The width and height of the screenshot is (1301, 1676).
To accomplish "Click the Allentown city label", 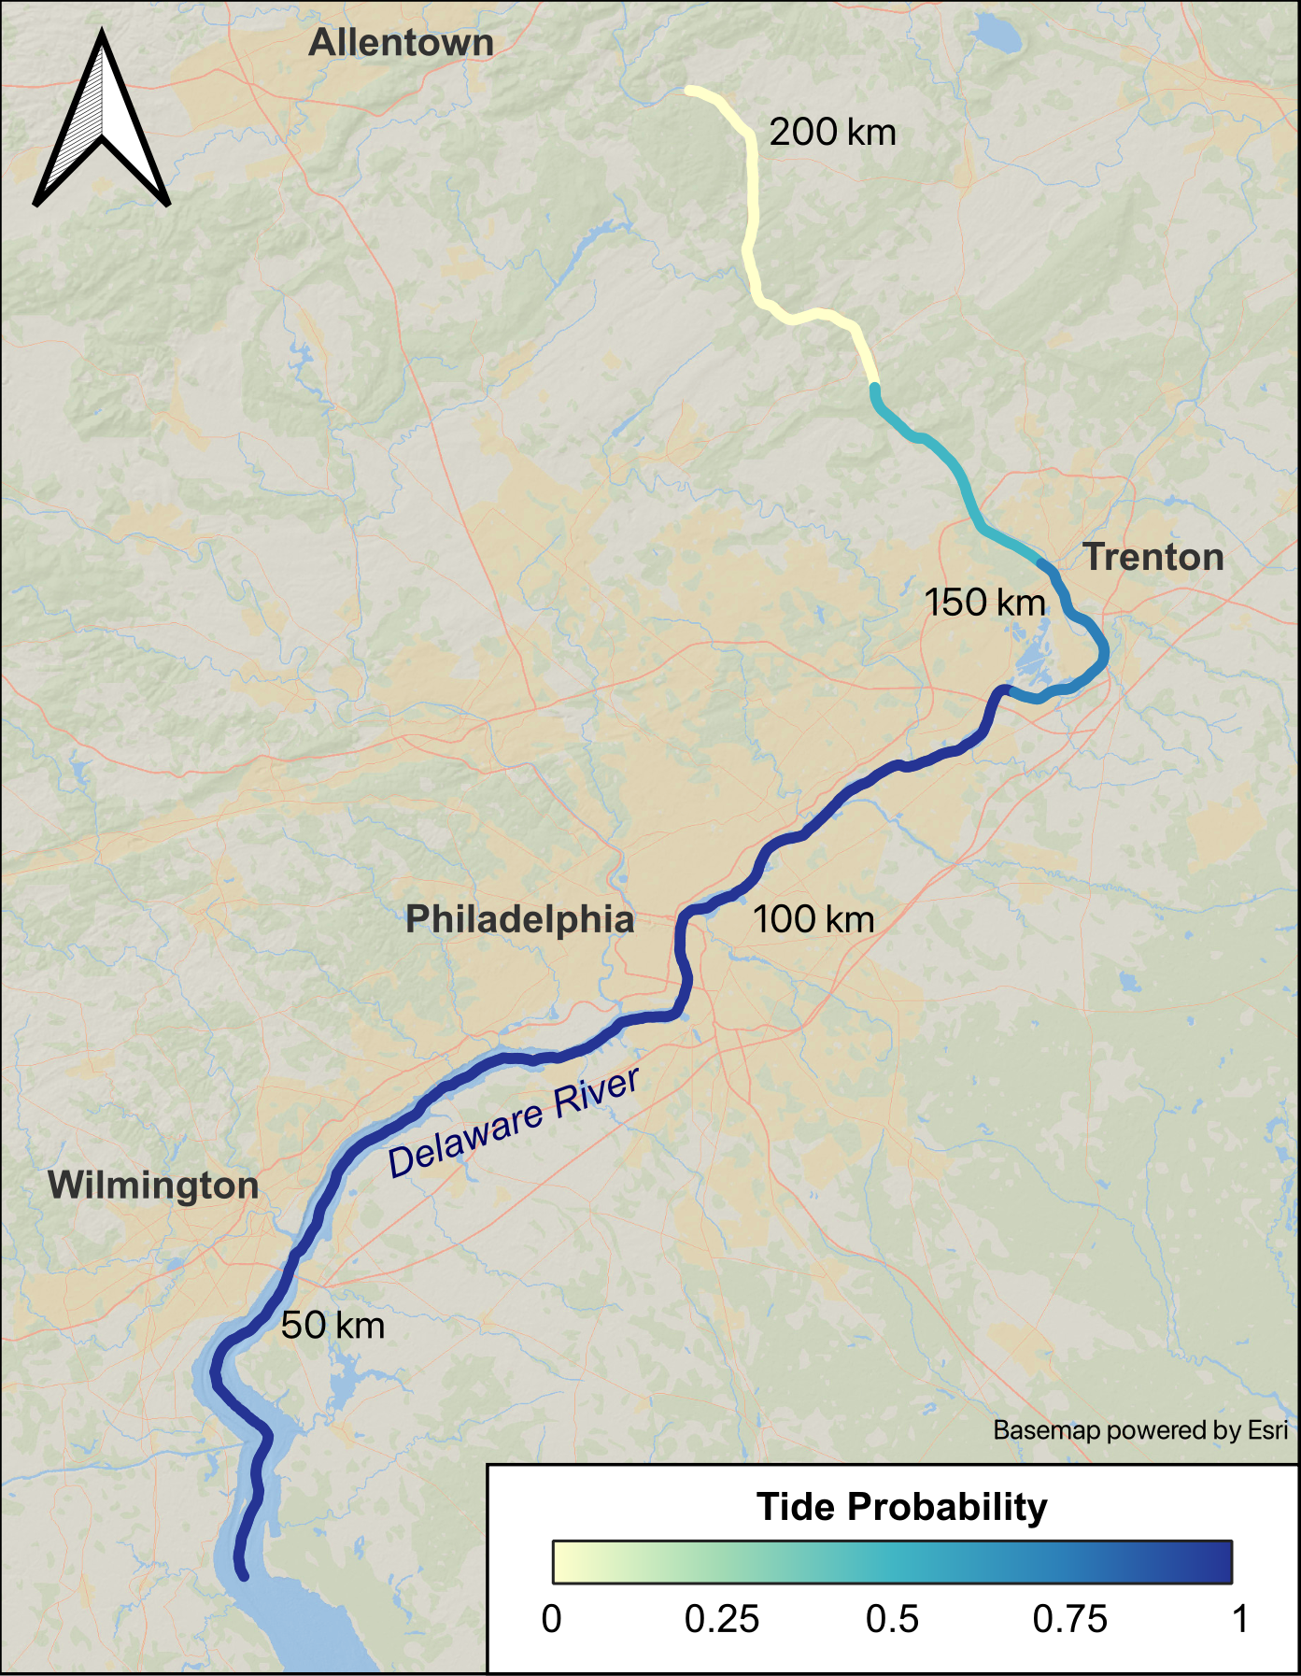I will tap(401, 43).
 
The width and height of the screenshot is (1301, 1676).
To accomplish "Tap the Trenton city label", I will tap(1153, 557).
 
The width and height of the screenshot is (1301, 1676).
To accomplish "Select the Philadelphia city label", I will tap(520, 919).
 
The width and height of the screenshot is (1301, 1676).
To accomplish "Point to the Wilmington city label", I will tap(153, 1186).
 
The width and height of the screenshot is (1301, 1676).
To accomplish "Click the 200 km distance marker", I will tap(832, 133).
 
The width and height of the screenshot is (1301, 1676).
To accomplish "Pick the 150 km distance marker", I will tap(984, 603).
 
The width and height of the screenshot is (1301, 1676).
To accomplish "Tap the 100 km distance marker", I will tap(813, 919).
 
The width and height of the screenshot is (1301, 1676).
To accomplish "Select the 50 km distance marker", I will tap(332, 1326).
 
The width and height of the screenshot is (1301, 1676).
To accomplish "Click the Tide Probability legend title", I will tap(901, 1507).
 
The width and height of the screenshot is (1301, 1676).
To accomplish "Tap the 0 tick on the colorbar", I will tap(552, 1619).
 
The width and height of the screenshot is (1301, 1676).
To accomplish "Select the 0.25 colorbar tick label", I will tap(722, 1619).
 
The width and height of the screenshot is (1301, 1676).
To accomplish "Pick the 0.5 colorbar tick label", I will tap(892, 1619).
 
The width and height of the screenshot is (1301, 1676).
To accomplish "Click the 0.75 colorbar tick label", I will tap(1069, 1619).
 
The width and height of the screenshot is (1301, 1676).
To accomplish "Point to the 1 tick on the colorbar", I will tap(1239, 1619).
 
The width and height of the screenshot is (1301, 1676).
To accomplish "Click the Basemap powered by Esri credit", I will tap(1139, 1430).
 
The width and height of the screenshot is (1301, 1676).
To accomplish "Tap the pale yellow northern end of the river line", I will tap(690, 91).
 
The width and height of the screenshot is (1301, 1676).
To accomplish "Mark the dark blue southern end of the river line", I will tap(243, 1576).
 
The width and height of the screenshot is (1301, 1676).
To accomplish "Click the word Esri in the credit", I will tap(1267, 1430).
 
